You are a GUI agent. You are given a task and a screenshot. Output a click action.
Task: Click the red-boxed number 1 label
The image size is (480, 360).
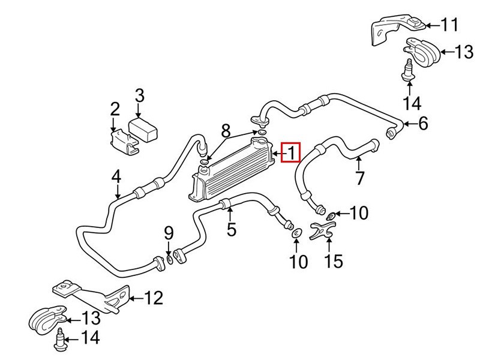pos(290,153)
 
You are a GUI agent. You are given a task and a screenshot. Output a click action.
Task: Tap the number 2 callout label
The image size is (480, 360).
pos(115,109)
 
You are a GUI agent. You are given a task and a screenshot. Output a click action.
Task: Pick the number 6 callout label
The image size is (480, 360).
pos(423,124)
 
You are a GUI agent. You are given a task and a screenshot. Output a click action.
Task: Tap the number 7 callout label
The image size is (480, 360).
pos(360,178)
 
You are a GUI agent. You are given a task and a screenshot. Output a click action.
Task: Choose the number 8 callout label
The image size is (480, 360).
pos(226,130)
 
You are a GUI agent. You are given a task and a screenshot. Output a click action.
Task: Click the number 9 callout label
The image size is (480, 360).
pos(169,232)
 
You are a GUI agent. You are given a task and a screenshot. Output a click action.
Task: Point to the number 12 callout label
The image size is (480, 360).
pos(154,297)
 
